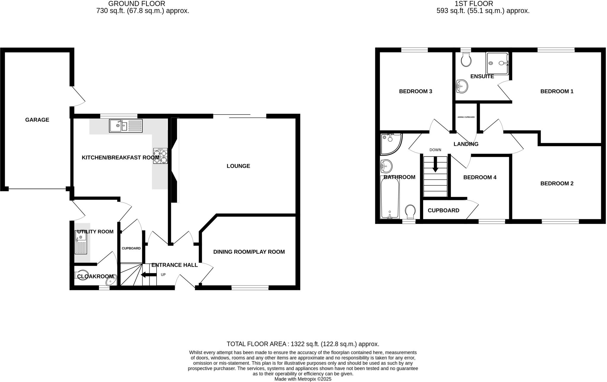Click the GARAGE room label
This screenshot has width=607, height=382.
point(37,120)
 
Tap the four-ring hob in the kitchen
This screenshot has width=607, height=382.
point(160,156)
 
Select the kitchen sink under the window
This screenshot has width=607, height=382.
point(126,126)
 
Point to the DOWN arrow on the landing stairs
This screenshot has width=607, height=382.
point(435,164)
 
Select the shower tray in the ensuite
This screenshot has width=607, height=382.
point(497,63)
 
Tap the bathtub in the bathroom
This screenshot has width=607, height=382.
point(390,197)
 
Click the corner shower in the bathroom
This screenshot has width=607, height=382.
point(390,144)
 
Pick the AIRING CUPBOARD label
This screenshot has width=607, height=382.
point(466,117)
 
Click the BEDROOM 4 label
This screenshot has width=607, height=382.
point(480,177)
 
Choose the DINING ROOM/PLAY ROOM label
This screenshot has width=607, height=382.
point(249,252)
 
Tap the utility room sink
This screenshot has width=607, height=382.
point(81,243)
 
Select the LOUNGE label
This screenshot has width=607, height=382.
point(238,166)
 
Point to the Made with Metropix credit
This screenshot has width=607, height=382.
point(303,379)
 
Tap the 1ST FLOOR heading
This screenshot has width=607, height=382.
point(483,4)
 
